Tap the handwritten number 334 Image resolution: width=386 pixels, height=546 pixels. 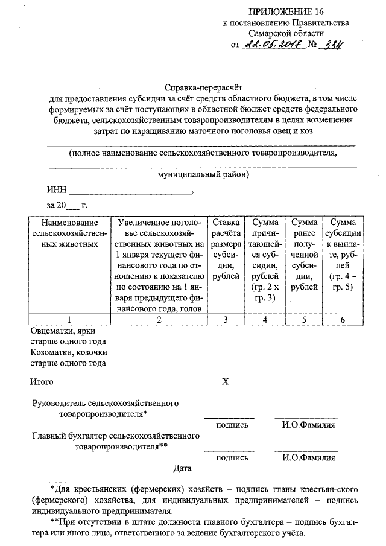pyautogui.click(x=329, y=44)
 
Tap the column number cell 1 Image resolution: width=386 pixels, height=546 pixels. pyautogui.click(x=70, y=320)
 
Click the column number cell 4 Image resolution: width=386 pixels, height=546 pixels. pyautogui.click(x=265, y=320)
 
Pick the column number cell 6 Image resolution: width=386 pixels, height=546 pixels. pyautogui.click(x=343, y=320)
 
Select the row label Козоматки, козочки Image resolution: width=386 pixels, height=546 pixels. pyautogui.click(x=69, y=352)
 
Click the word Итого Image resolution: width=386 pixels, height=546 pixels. pyautogui.click(x=42, y=381)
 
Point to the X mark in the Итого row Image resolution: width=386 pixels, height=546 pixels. pyautogui.click(x=226, y=381)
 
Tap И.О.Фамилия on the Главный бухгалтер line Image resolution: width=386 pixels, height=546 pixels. pyautogui.click(x=309, y=457)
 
